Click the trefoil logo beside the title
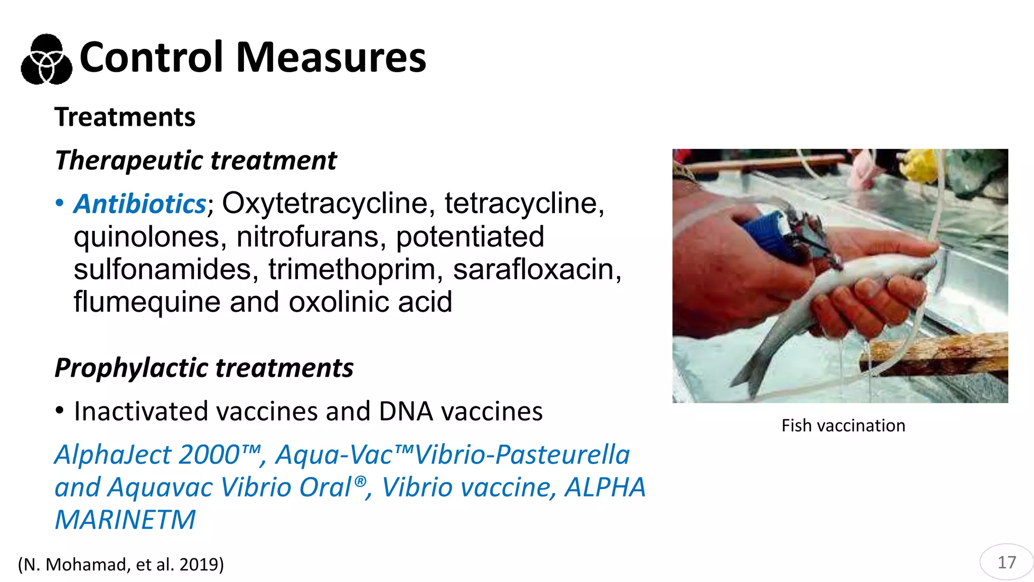(x=46, y=59)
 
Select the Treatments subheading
(x=125, y=117)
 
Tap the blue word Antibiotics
(x=140, y=204)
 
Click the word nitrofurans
(x=307, y=236)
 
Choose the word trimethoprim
(x=355, y=269)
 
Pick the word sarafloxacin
(x=537, y=269)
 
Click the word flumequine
(x=147, y=302)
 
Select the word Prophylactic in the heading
(x=131, y=368)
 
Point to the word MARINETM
(x=125, y=520)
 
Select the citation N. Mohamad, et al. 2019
(x=121, y=564)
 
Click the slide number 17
(x=1007, y=562)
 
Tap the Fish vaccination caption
(x=843, y=425)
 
